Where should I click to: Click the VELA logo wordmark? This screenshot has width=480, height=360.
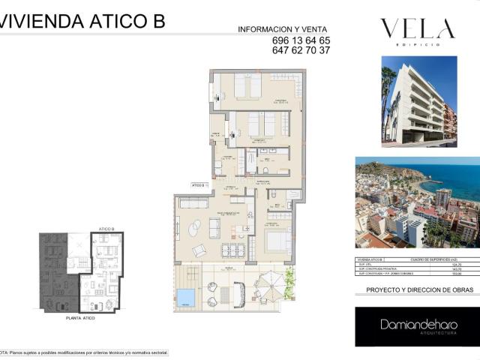click(418, 30)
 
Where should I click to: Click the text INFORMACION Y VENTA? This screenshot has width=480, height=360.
click(283, 29)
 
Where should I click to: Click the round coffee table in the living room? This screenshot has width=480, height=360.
click(194, 226)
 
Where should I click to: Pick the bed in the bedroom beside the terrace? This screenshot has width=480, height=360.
click(277, 241)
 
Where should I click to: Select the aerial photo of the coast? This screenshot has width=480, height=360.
click(416, 202)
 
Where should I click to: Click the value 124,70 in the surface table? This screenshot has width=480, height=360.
click(454, 264)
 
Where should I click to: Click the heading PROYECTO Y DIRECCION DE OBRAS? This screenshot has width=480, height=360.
click(416, 289)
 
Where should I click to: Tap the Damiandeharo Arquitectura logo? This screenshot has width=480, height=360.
click(416, 326)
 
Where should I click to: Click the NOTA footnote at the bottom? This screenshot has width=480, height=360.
click(84, 352)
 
